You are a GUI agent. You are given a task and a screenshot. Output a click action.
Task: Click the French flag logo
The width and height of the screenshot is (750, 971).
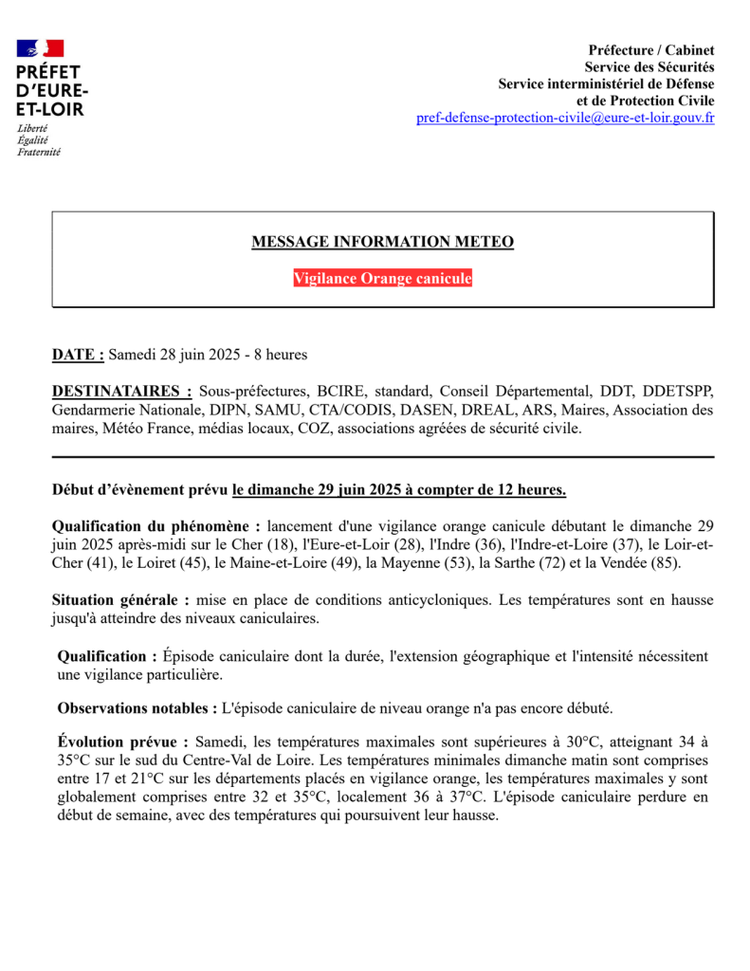(x=41, y=47)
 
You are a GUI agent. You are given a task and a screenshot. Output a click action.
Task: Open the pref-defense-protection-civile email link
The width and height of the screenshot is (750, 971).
(x=565, y=118)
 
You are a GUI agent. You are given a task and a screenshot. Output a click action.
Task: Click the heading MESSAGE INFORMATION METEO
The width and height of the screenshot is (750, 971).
(x=382, y=242)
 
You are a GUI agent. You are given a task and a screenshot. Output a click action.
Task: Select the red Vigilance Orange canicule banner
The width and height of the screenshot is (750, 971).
(x=382, y=279)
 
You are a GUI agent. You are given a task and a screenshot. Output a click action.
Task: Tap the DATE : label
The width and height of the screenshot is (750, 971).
(x=78, y=355)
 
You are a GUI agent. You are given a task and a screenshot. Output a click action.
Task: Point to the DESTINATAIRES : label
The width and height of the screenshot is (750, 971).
(x=121, y=391)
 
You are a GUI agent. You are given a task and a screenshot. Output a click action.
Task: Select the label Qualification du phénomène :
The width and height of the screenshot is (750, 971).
(x=156, y=525)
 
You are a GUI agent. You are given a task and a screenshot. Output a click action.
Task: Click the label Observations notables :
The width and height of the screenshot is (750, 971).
(x=137, y=707)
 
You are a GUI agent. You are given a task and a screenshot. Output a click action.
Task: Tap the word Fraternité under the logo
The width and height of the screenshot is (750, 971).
(x=39, y=151)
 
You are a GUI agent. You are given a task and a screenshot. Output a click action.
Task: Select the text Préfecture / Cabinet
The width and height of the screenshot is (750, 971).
(x=651, y=49)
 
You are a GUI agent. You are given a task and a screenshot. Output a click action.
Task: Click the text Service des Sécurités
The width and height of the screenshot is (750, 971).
(x=649, y=66)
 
